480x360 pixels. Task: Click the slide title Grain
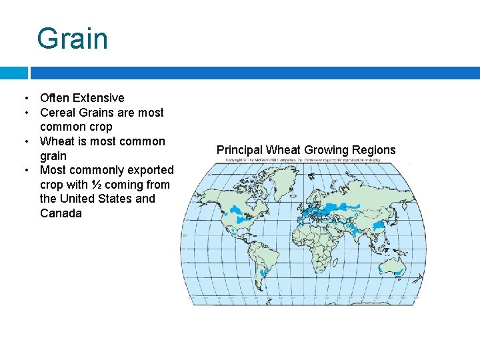tap(72, 39)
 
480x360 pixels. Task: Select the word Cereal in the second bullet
tap(58, 113)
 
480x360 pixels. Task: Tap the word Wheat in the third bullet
tap(57, 141)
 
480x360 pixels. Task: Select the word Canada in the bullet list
tap(61, 213)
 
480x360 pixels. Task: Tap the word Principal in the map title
tap(239, 150)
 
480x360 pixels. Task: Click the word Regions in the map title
tap(374, 150)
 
